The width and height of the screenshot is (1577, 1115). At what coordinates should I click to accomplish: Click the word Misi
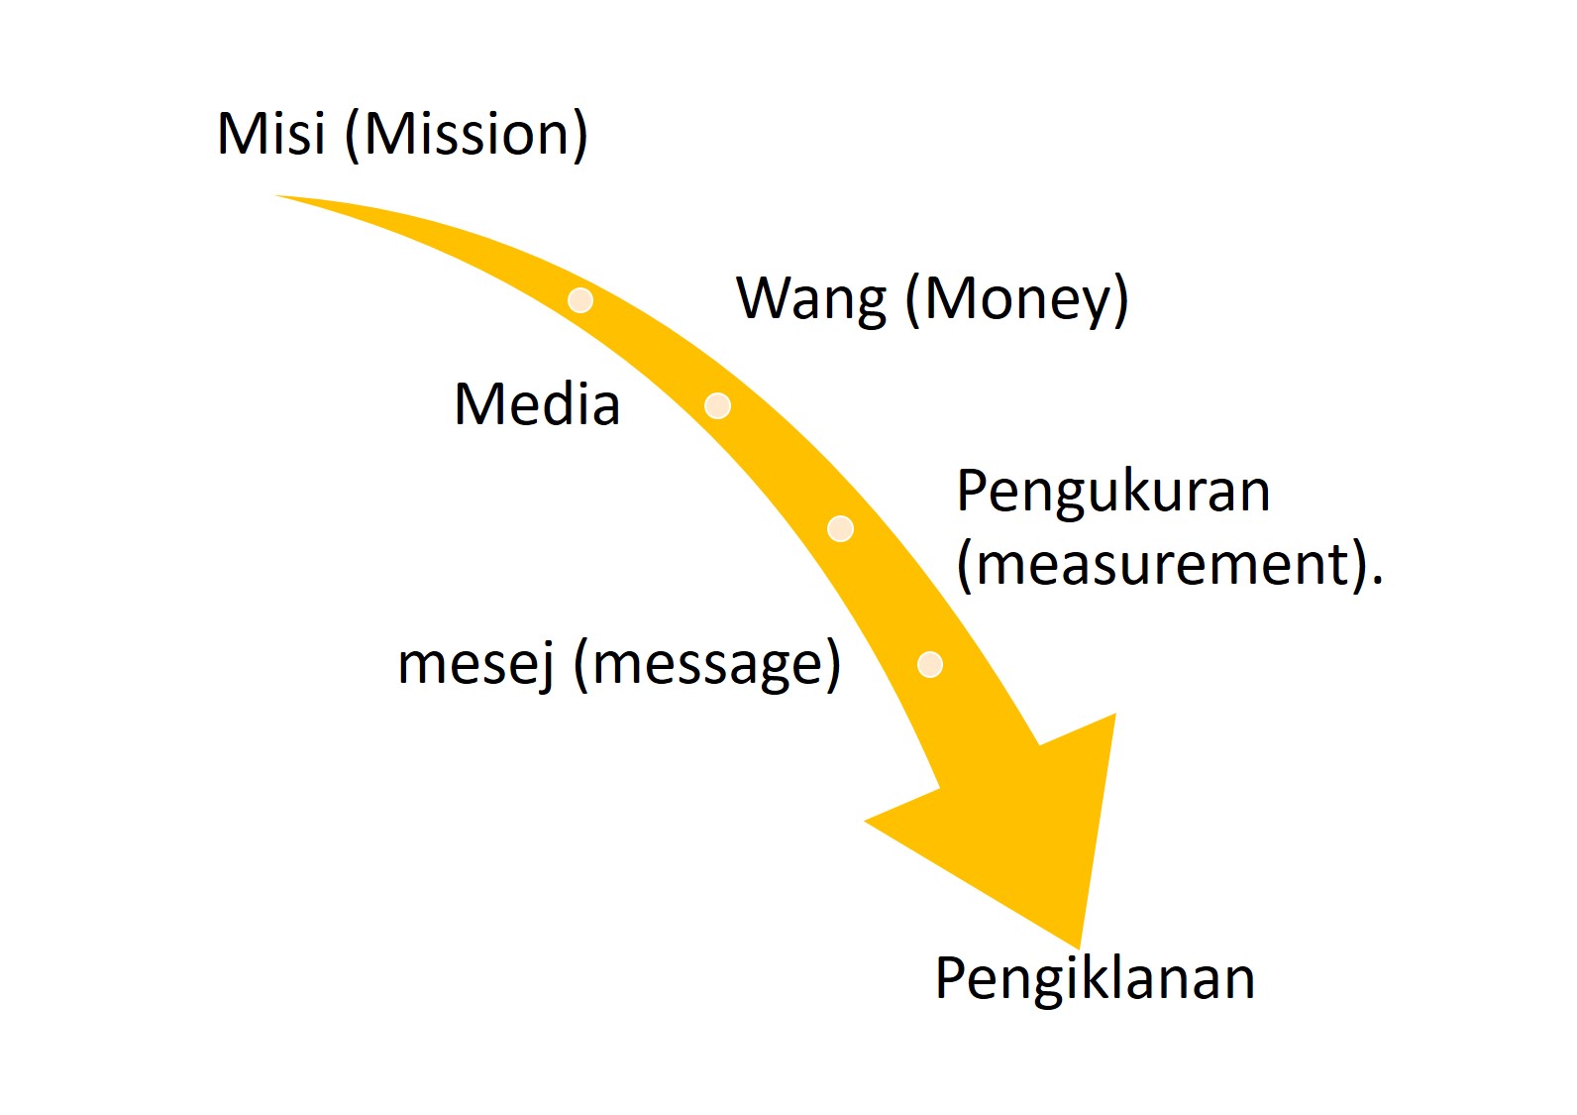coord(270,134)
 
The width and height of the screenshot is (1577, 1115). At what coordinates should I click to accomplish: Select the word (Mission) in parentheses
coord(467,135)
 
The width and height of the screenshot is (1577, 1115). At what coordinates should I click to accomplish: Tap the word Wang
coord(811,298)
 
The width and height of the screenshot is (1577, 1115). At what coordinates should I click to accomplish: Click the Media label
coord(537,404)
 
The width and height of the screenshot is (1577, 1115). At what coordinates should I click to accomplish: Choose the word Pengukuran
coord(1112,491)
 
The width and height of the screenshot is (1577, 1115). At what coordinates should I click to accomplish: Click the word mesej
coord(475,663)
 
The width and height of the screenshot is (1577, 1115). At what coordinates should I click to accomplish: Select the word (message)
coord(707,663)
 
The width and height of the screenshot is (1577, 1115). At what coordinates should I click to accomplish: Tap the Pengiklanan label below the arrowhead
coord(1095,978)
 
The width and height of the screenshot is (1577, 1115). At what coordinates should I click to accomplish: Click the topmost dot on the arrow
coord(580,299)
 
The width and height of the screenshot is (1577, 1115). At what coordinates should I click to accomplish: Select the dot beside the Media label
coord(717,405)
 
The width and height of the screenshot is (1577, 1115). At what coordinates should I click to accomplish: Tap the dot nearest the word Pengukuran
coord(840,528)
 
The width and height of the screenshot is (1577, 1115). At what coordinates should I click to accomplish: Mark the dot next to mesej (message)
coord(929,664)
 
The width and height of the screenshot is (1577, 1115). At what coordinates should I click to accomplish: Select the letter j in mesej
coord(546,665)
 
